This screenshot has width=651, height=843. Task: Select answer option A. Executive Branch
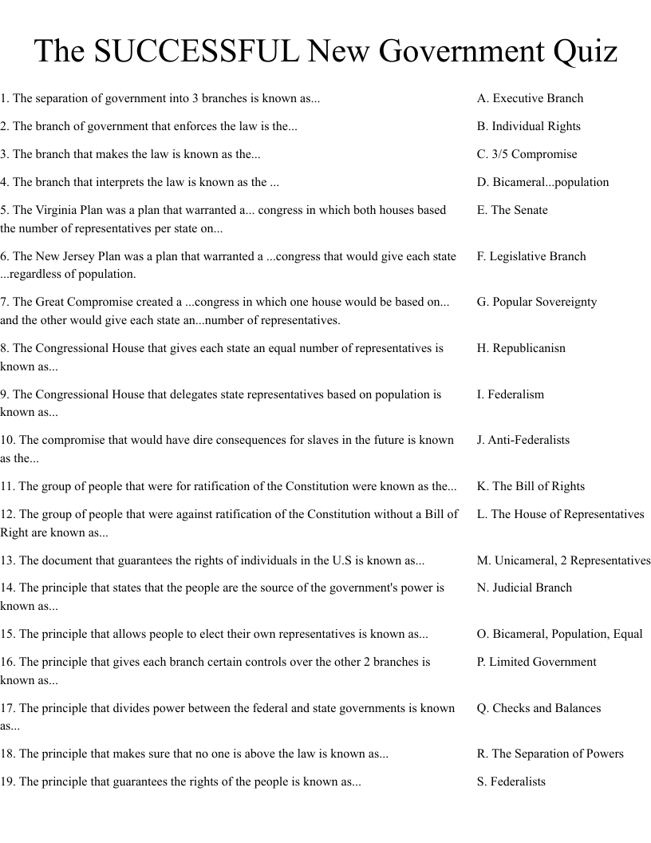coord(530,98)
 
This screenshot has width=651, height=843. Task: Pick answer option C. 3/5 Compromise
coord(527,154)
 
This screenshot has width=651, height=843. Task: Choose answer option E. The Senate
coord(512,210)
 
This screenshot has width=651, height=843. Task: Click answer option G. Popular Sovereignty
coord(536,302)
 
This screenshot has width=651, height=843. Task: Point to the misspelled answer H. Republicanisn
coord(521,348)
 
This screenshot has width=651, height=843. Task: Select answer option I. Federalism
coord(510,394)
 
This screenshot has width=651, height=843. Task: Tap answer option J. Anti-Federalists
coord(523,440)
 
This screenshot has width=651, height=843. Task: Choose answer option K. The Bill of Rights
coord(531,486)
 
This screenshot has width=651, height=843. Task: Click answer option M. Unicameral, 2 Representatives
coord(563,560)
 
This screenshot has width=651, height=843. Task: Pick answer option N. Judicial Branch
coord(524,588)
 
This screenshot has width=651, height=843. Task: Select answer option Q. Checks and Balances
coord(539,708)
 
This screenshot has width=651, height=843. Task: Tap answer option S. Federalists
coord(511,782)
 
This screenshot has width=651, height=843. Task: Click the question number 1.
coord(5,98)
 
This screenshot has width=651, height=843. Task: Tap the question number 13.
coord(8,560)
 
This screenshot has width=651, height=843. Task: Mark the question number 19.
coord(8,782)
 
